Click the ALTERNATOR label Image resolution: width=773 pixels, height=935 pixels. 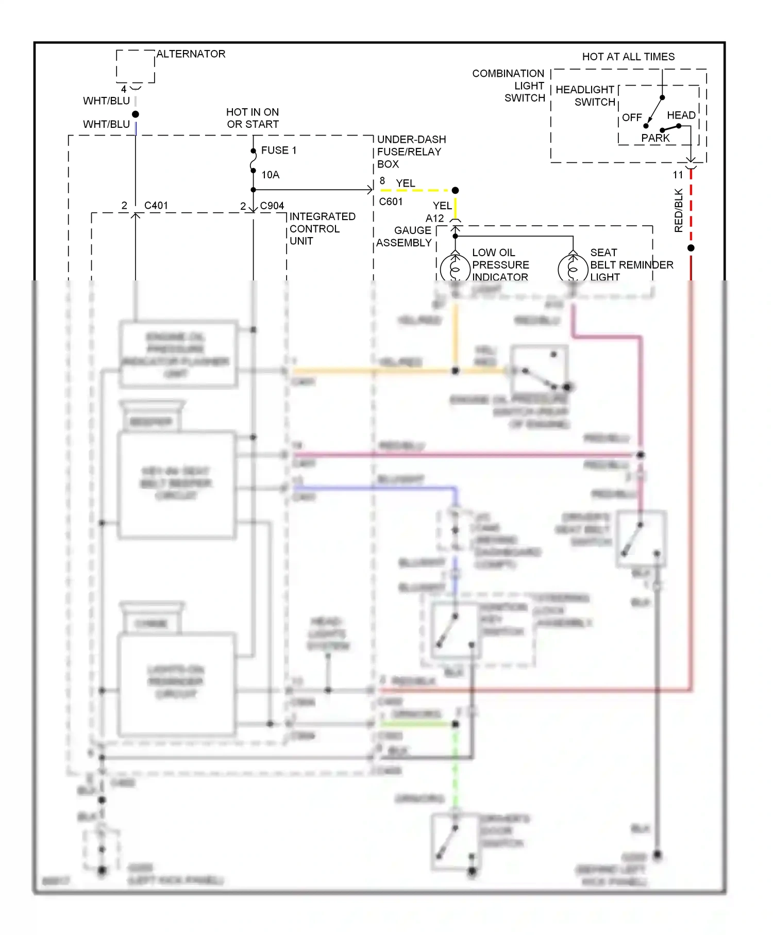point(191,54)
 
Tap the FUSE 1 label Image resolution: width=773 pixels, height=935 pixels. point(278,151)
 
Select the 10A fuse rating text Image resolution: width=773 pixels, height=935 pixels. point(270,175)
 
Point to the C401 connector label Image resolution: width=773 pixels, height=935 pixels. point(156,206)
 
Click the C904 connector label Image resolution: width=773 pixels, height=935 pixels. point(272,206)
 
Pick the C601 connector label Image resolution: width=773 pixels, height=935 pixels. point(391,202)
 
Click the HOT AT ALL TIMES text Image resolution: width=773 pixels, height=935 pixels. point(628,57)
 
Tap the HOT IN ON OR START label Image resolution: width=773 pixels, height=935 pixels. point(253,118)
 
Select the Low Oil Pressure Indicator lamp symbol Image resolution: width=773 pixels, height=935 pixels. point(455,268)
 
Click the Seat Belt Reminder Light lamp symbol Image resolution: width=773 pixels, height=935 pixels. point(573,268)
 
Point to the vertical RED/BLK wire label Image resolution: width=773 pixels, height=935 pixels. point(678,210)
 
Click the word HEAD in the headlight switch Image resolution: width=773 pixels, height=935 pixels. point(681,115)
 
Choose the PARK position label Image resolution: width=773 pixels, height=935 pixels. point(655,138)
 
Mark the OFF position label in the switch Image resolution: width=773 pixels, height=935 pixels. point(631,118)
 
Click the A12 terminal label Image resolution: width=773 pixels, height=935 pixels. point(434,219)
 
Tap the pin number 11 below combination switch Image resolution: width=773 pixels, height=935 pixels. point(678,175)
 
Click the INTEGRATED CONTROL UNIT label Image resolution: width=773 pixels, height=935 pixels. point(322,229)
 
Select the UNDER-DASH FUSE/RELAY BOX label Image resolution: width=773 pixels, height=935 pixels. point(411,152)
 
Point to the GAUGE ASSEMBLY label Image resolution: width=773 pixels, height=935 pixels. point(404,237)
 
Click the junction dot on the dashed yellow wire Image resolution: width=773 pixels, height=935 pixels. point(455,191)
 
